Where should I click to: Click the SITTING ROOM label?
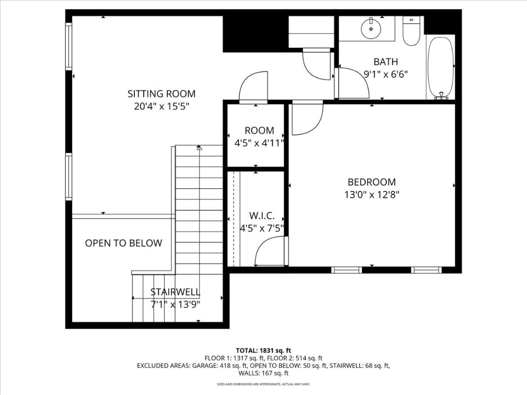point(161,94)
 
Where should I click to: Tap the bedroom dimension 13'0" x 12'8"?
point(372,195)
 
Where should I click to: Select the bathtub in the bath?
point(441,67)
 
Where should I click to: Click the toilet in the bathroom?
point(411,32)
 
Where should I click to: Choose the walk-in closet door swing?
point(270,252)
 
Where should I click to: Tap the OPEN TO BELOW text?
point(124,243)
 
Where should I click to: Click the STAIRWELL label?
point(175,292)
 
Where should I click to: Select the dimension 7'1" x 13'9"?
point(175,304)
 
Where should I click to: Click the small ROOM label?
point(259,131)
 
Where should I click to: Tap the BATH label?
point(385,62)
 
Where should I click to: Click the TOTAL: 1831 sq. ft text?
point(263,350)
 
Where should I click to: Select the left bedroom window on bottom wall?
point(346,270)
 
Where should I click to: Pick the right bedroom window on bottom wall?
point(426,270)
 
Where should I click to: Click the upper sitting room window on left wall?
point(68,46)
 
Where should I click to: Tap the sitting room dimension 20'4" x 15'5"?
point(161,107)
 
